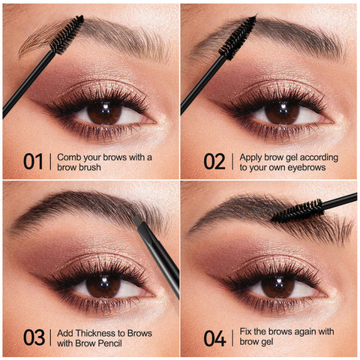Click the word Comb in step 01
point(70,157)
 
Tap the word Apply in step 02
point(252,157)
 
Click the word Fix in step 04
point(245,332)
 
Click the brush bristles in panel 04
point(297,211)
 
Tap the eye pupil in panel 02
point(281,112)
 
